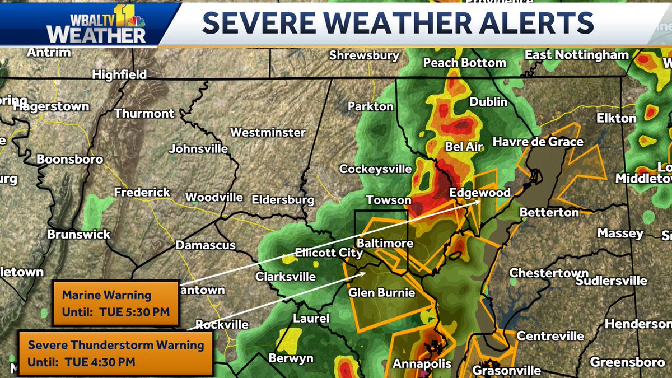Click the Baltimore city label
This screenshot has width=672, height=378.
[x=385, y=244]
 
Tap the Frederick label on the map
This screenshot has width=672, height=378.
[x=142, y=193]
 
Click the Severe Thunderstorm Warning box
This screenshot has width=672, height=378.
[x=116, y=353]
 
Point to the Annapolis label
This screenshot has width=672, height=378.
[x=422, y=364]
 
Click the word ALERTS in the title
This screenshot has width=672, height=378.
[x=534, y=23]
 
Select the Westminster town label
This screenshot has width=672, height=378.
[x=268, y=133]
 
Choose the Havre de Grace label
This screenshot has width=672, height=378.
[x=538, y=142]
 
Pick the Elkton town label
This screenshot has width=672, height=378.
[x=617, y=118]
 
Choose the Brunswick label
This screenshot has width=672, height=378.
[x=78, y=235]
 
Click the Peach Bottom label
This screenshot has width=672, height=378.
[x=464, y=63]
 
